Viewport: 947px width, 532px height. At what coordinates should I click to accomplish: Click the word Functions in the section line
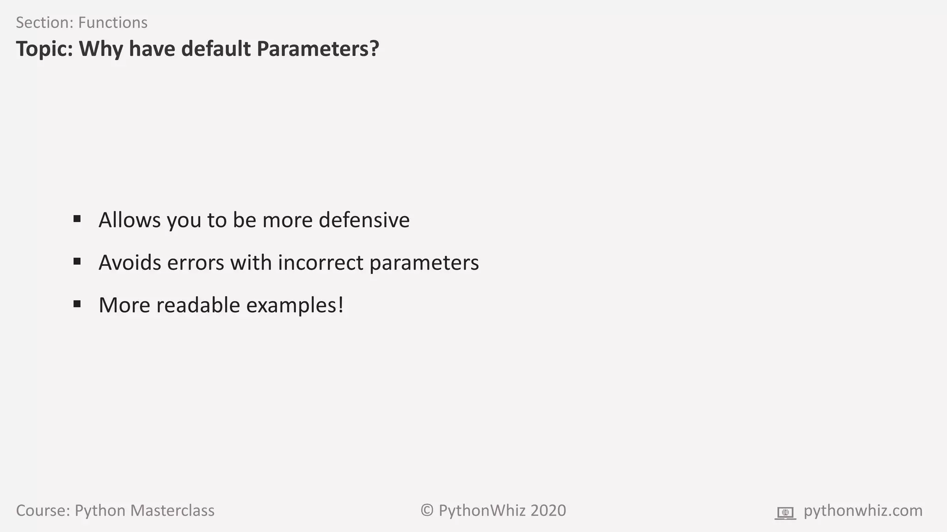(x=113, y=23)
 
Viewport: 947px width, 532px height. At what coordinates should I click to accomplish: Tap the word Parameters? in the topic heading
(x=318, y=49)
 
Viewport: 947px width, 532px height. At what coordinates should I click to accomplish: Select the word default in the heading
(x=215, y=49)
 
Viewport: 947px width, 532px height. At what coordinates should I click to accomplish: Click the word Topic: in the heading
(x=44, y=49)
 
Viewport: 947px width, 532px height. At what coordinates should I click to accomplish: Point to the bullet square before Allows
(x=77, y=218)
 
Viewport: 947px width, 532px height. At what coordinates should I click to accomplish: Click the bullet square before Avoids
(x=77, y=261)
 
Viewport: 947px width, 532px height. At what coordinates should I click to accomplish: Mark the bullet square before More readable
(x=77, y=304)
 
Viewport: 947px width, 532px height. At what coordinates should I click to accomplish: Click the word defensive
(x=364, y=220)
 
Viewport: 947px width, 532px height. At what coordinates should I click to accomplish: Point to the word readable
(x=198, y=305)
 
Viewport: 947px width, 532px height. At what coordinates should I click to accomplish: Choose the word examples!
(x=295, y=306)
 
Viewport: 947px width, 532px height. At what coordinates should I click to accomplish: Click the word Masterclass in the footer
(x=172, y=511)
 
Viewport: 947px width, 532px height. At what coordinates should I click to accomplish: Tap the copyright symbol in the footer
(x=427, y=511)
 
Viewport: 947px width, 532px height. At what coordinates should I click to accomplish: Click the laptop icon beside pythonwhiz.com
(x=785, y=513)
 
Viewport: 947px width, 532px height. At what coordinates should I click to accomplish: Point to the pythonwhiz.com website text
(x=863, y=511)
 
